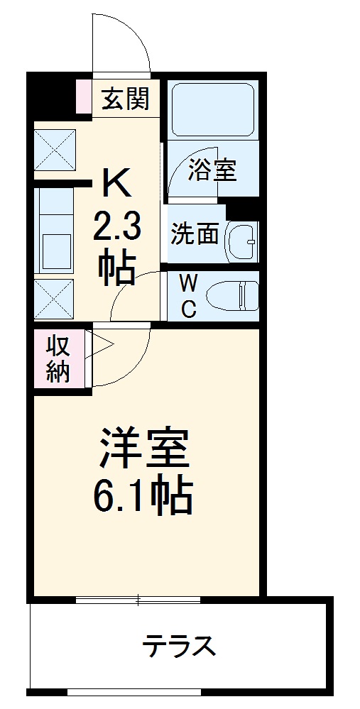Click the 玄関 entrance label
[x=127, y=99]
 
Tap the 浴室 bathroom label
[x=212, y=170]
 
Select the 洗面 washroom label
[x=195, y=233]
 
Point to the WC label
[x=188, y=296]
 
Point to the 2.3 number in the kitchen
[x=117, y=228]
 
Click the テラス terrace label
[x=178, y=647]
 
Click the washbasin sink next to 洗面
[x=241, y=241]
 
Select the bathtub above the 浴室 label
[x=212, y=109]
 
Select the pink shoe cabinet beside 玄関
[x=83, y=98]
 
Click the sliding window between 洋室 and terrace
[x=138, y=600]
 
